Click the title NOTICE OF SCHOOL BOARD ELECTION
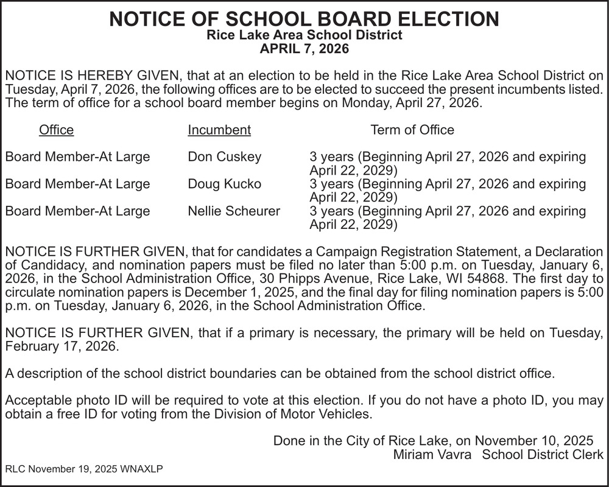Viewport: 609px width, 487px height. [304, 19]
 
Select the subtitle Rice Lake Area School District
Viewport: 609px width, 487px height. [304, 35]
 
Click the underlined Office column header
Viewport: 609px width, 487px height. [56, 130]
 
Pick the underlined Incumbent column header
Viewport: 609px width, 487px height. [219, 130]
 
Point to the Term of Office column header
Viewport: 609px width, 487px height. [412, 130]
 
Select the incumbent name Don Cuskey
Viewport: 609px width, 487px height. [224, 157]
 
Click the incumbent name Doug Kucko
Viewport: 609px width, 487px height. [224, 184]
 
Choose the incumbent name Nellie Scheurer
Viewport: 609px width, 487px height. [234, 211]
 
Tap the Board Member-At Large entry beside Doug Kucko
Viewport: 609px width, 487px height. [77, 184]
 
